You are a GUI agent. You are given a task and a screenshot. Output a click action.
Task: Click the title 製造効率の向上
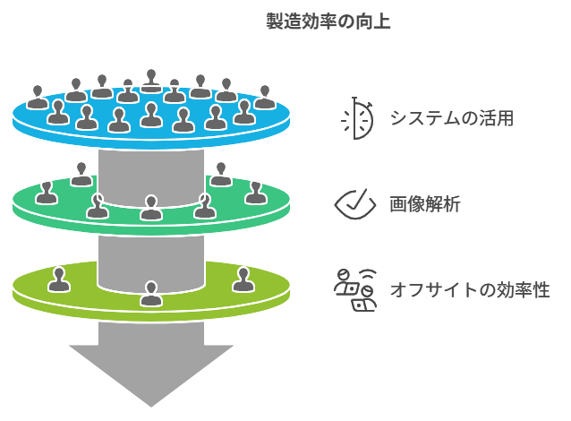click(x=328, y=21)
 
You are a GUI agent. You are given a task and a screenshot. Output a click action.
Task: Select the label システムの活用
click(x=452, y=118)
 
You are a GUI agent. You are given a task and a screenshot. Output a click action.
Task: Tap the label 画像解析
click(x=425, y=204)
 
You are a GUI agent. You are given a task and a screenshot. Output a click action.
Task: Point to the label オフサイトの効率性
click(x=470, y=290)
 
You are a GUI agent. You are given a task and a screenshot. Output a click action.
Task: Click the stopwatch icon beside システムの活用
click(x=357, y=118)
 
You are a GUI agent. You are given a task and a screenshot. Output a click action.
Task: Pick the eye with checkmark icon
click(x=355, y=204)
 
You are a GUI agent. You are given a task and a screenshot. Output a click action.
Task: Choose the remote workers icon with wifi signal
click(x=355, y=290)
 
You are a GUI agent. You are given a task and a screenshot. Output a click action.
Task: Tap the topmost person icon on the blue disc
click(x=151, y=81)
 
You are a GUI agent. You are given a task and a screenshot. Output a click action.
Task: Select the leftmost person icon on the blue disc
click(x=38, y=98)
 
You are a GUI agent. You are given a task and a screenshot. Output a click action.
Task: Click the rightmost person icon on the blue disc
click(x=265, y=98)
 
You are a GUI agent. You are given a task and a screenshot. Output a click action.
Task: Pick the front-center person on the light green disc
click(x=151, y=294)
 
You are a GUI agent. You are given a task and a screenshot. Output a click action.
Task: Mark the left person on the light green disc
click(x=59, y=279)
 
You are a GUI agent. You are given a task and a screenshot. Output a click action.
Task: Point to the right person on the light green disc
click(x=243, y=279)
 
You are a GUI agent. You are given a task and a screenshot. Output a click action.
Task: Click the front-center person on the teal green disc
click(x=151, y=208)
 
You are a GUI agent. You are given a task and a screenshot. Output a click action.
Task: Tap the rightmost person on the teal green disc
click(x=256, y=193)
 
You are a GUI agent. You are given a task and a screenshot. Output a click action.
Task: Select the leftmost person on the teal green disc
click(x=47, y=193)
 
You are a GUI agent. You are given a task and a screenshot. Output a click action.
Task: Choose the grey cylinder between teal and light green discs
click(x=151, y=263)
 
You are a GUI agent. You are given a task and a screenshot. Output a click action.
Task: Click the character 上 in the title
click(x=382, y=21)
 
